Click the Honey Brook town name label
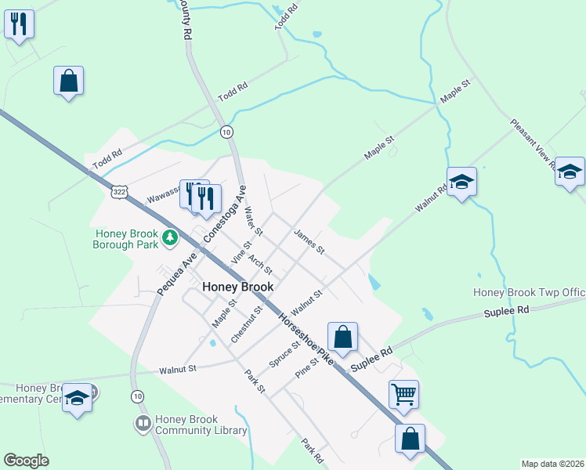[238, 287]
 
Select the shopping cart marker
[403, 394]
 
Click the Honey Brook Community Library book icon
[143, 425]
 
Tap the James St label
[309, 241]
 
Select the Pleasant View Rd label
[533, 145]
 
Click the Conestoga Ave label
[226, 214]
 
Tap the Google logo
[26, 460]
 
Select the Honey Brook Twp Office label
[530, 293]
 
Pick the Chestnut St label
[247, 324]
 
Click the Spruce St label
[284, 354]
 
